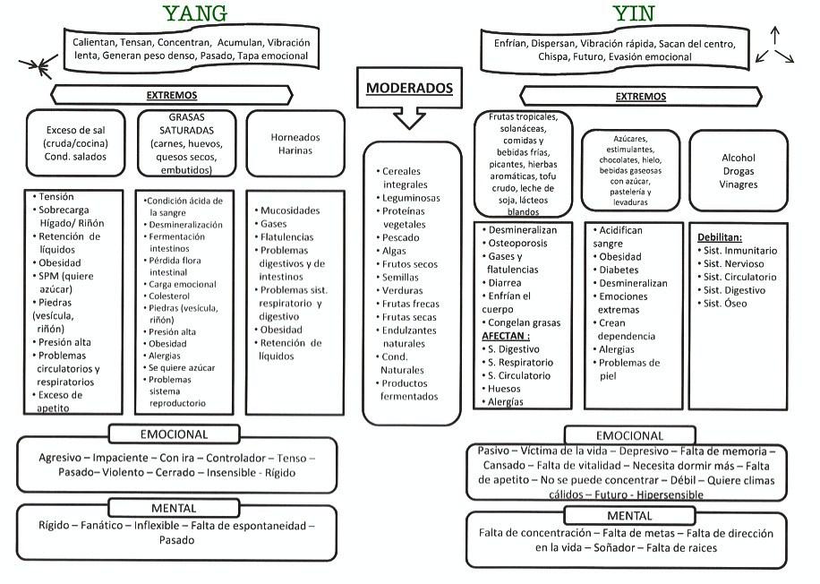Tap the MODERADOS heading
[410, 89]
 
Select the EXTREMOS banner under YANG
[172, 95]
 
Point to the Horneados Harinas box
[295, 143]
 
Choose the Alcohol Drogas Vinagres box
[739, 170]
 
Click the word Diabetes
[620, 270]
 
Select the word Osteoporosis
[523, 243]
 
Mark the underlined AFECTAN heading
[513, 335]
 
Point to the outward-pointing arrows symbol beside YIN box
[774, 46]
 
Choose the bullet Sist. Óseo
[725, 304]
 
